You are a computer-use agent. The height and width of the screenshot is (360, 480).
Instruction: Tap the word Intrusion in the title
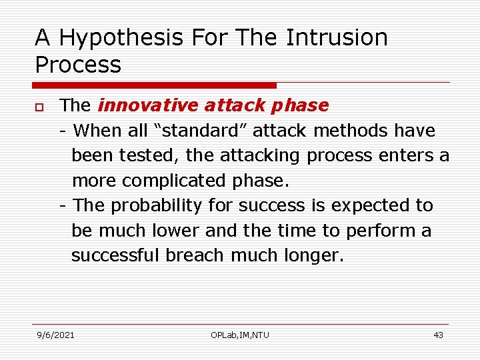tap(337, 38)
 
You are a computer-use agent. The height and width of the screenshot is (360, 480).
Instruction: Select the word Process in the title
tap(78, 65)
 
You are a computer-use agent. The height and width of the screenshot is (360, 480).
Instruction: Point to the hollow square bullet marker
tap(40, 107)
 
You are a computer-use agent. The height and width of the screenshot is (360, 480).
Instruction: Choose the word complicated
tap(171, 181)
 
